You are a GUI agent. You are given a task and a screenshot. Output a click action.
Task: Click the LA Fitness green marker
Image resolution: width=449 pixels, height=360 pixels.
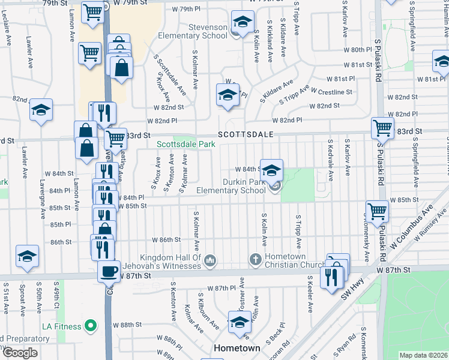(x=91, y=326)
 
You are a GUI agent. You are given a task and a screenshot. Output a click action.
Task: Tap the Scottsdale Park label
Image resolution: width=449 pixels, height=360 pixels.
(x=186, y=145)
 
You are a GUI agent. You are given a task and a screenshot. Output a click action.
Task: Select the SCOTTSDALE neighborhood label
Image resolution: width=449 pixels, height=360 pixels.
(x=246, y=134)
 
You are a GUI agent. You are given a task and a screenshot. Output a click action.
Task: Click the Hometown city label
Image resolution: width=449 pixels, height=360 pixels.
(x=237, y=348)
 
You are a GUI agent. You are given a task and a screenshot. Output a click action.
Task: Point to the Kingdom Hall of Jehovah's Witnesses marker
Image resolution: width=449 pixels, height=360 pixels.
(x=210, y=260)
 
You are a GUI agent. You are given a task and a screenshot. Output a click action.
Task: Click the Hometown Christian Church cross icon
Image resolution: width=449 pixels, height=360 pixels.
(x=256, y=260)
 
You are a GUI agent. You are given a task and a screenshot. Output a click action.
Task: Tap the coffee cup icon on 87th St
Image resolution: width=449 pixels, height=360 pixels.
(x=109, y=271)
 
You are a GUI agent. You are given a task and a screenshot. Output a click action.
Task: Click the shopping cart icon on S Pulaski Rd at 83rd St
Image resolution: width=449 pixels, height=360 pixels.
(x=382, y=127)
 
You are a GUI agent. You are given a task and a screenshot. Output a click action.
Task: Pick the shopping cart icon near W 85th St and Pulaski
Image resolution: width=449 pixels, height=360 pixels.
(x=377, y=211)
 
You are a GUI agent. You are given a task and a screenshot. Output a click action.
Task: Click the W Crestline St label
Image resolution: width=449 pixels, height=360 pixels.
(x=331, y=92)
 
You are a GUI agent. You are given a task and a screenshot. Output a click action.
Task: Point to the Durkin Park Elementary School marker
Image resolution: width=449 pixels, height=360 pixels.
(x=275, y=188)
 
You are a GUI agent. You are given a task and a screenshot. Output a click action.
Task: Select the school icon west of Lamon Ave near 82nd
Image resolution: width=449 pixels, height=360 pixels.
(x=41, y=110)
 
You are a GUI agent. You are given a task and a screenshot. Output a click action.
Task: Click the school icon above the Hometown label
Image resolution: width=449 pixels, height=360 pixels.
(x=240, y=322)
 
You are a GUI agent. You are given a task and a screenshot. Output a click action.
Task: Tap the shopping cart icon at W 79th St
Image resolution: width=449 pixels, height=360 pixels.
(x=92, y=11)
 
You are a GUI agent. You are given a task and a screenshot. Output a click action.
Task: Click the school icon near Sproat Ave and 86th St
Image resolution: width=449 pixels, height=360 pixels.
(x=27, y=256)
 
